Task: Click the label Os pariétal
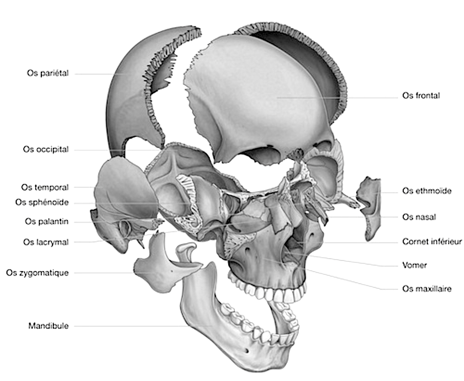[48, 74]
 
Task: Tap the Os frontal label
[421, 96]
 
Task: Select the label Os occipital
[46, 150]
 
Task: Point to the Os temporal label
[45, 188]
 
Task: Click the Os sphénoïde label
[42, 202]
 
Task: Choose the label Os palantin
[47, 222]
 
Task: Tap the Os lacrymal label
[45, 241]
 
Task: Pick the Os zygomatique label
[38, 273]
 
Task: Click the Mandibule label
[48, 326]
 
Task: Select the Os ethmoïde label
[427, 191]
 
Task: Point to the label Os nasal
[419, 216]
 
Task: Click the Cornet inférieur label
[432, 241]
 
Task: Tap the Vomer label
[415, 266]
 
